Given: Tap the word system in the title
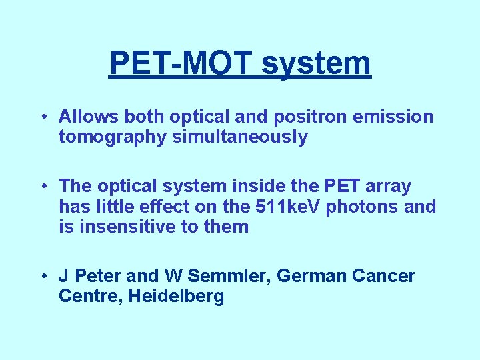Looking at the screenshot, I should click(x=316, y=63).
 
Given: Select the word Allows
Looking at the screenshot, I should click(x=87, y=117).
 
